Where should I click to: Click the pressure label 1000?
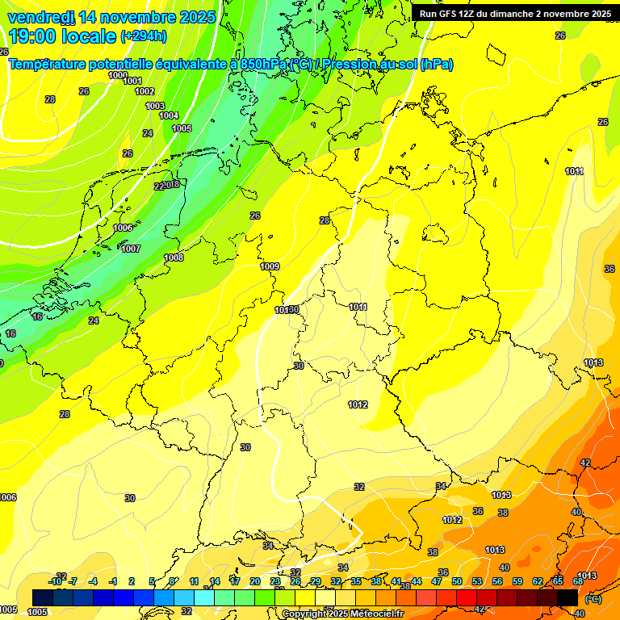coord(118,75)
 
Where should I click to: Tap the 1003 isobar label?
coord(155,106)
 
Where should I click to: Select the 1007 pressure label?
coord(131,249)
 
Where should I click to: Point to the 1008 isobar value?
coord(174,258)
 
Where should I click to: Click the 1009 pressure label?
coord(270,266)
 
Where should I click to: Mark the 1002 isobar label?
coord(145,91)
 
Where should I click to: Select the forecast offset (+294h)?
coord(144,36)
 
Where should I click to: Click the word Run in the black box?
coord(429,14)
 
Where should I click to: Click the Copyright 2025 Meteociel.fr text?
coord(342,614)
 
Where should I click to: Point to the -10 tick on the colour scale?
coord(56,581)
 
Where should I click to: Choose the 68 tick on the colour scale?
coord(578,581)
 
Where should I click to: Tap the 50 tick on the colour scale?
coord(457,581)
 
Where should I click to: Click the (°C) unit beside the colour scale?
coord(593,599)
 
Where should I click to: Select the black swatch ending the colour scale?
coord(568,597)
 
